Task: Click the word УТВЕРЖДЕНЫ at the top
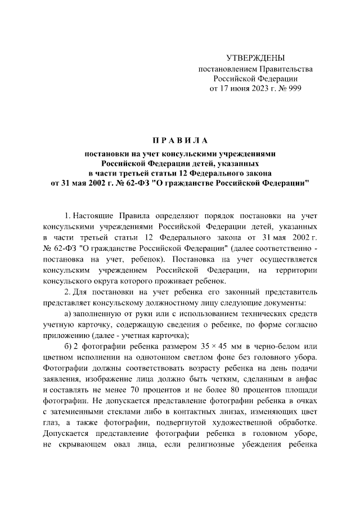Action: coord(255,58)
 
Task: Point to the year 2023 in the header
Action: coord(245,88)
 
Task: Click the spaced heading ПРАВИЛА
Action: coord(179,139)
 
